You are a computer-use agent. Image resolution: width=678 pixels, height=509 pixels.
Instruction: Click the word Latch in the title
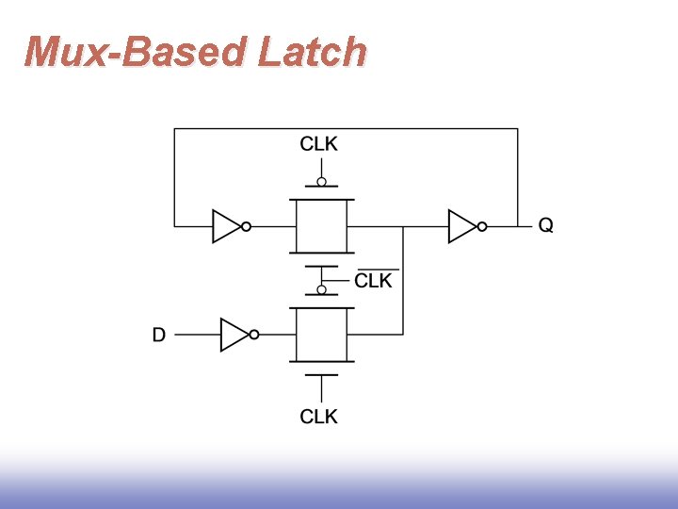coord(312,52)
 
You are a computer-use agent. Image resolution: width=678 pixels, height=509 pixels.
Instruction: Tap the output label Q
coord(545,226)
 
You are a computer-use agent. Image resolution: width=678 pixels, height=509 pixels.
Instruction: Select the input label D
coord(159,335)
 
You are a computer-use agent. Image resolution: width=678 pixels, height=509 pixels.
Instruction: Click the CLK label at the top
coord(319,144)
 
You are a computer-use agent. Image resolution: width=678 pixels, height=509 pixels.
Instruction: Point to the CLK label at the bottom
coord(319,417)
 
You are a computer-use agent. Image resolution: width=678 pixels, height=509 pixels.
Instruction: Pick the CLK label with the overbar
coord(374,281)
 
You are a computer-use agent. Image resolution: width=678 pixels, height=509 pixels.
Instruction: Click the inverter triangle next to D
coord(234,335)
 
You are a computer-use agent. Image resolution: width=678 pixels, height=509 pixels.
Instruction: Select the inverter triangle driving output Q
coord(461,226)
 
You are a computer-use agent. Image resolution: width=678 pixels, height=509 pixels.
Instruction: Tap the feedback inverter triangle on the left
coord(226,226)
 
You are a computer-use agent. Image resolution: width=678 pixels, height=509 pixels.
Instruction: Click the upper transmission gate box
coord(322,226)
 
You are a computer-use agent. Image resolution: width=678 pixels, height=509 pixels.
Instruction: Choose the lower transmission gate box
coord(322,335)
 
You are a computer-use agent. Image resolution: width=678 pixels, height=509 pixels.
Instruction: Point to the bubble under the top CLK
coord(322,182)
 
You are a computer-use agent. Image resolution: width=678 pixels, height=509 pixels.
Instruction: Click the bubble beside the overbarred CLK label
coord(322,290)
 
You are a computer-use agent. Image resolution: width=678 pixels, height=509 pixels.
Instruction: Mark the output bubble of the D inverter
coord(254,335)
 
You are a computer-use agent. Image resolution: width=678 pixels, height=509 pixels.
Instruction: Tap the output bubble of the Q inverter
coord(482,226)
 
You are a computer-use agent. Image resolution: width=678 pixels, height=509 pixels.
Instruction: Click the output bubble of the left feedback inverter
coord(247,226)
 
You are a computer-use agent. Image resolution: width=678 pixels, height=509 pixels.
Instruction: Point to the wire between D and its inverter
coord(198,335)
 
